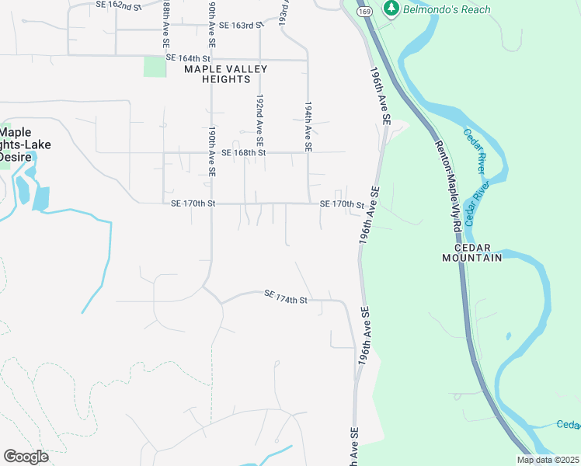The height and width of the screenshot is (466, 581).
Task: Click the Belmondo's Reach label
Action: [x=447, y=9]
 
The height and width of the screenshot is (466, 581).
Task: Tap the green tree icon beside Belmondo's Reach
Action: [x=392, y=9]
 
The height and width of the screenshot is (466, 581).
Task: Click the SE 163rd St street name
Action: [x=237, y=26]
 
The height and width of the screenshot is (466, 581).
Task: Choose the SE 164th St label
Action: [x=188, y=58]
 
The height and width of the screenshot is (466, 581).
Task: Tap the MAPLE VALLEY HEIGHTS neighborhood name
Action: [x=225, y=74]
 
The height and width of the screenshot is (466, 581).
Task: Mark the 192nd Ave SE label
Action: [x=260, y=120]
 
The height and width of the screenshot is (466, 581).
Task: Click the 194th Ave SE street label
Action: [x=308, y=126]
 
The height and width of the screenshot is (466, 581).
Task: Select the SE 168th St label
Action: [x=243, y=153]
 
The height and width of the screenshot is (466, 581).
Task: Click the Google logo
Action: [x=26, y=456]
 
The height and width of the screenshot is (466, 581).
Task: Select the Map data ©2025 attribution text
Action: [x=548, y=460]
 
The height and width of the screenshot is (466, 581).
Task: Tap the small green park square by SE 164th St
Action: [x=155, y=66]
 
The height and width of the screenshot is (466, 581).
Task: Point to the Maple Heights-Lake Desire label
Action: [x=17, y=144]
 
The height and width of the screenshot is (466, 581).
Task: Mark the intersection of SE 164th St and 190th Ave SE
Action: [x=211, y=58]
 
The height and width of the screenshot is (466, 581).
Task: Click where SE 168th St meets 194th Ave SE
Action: [x=308, y=152]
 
